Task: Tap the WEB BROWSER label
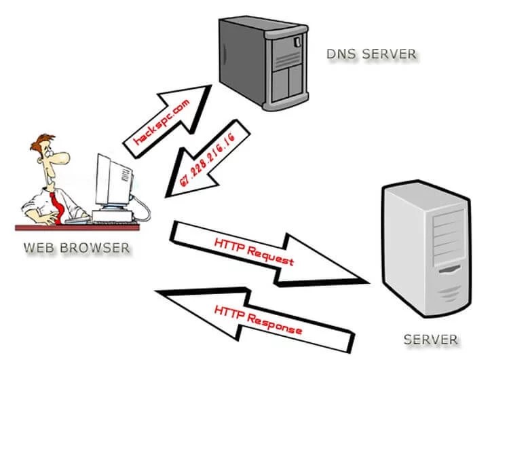pyautogui.click(x=76, y=247)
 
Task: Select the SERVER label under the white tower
pyautogui.click(x=431, y=339)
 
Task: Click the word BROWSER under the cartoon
pyautogui.click(x=97, y=247)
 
